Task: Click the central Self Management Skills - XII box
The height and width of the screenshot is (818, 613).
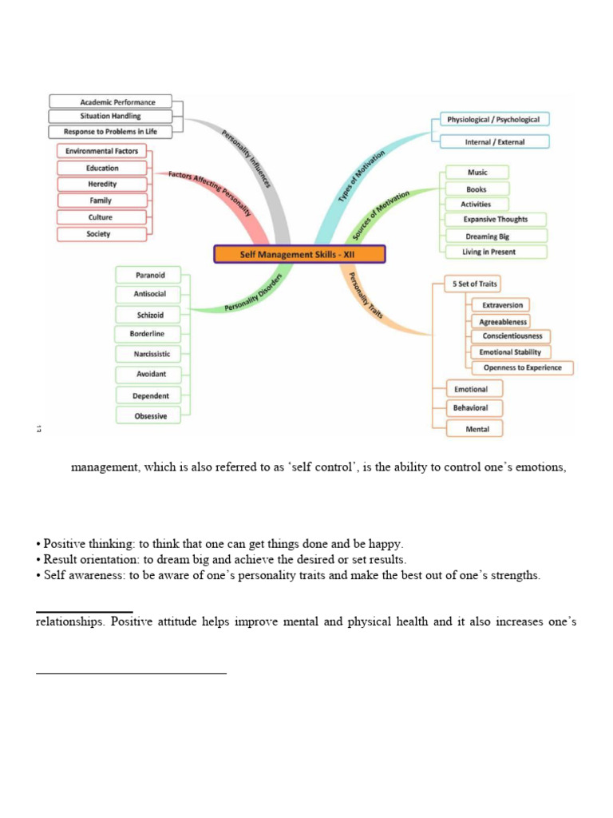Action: (299, 255)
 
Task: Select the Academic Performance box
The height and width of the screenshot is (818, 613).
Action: (112, 101)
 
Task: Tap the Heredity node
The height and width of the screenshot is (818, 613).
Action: (102, 184)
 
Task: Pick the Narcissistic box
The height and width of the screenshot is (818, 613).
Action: (152, 353)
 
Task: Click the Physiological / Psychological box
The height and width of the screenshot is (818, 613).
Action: (493, 120)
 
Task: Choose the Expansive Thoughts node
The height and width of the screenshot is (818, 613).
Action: (495, 219)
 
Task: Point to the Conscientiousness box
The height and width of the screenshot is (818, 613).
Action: (512, 336)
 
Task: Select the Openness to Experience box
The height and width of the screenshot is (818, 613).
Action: (522, 368)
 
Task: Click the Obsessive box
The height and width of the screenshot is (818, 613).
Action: (150, 415)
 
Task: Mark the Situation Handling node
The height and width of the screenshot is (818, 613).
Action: (110, 116)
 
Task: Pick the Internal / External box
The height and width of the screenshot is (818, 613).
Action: (495, 142)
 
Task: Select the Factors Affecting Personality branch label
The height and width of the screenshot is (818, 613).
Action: (210, 193)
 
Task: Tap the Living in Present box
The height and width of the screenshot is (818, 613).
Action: (488, 252)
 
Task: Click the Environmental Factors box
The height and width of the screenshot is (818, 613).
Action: (101, 151)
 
